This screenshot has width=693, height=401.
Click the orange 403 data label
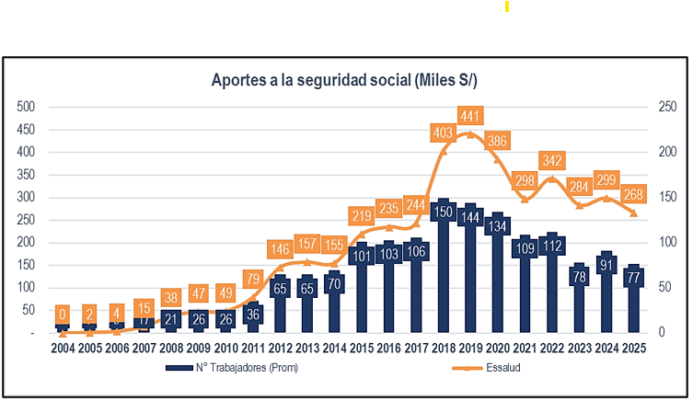point(444,133)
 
